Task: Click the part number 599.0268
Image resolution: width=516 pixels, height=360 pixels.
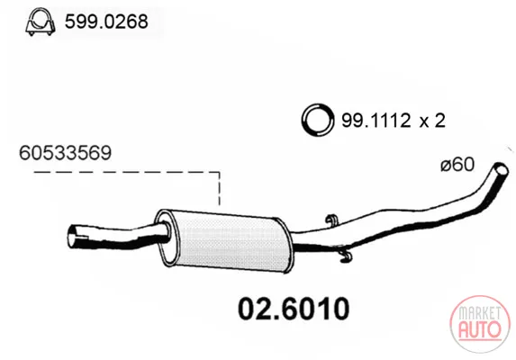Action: pos(106,22)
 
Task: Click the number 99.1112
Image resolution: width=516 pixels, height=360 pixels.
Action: pos(376,121)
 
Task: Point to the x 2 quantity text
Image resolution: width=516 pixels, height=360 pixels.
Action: pos(432,121)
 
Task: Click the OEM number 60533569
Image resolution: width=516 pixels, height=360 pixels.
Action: pos(65,153)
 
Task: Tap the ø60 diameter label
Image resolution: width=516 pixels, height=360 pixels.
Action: pos(457,165)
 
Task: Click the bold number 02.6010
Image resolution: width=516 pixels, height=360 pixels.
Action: pos(294,309)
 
